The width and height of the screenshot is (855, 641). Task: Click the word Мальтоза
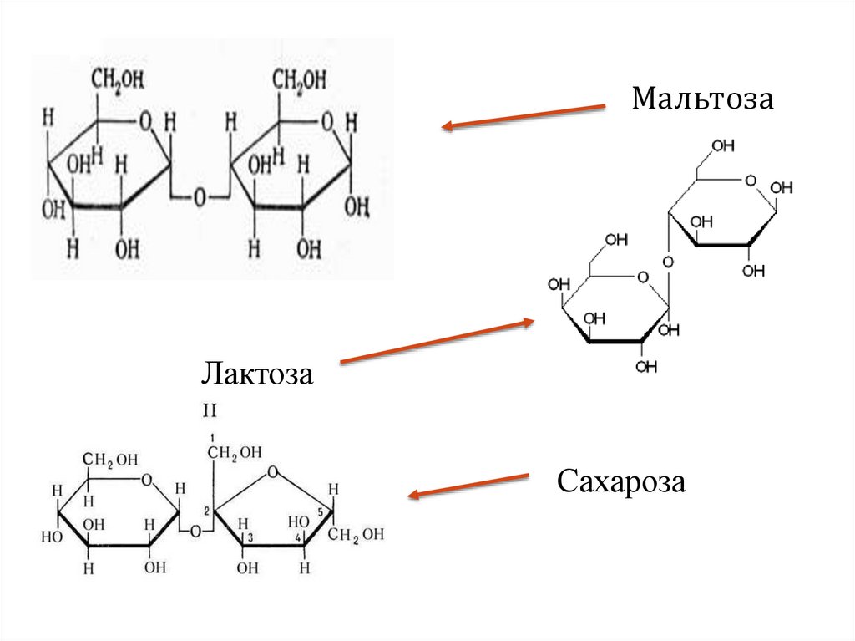[x=703, y=99]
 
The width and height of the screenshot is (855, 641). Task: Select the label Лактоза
[x=256, y=373]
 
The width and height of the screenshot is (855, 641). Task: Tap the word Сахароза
[x=621, y=482]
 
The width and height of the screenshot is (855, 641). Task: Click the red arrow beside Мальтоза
[x=524, y=116]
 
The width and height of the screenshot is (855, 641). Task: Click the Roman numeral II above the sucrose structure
[x=210, y=410]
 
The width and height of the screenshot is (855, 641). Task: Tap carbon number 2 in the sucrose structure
[x=205, y=512]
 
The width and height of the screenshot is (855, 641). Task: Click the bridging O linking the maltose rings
[x=200, y=197]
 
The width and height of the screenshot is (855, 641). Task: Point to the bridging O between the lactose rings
[x=667, y=262]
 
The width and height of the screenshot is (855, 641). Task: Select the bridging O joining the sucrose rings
[x=194, y=530]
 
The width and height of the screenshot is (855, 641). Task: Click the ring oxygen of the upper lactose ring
[x=749, y=179]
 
